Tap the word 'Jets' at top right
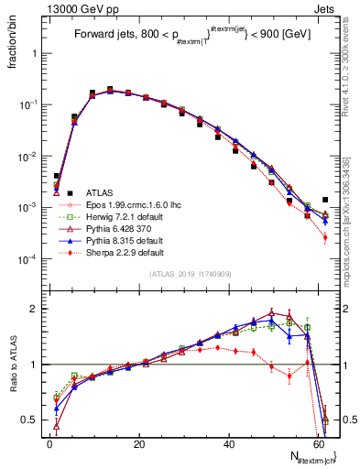(326, 8)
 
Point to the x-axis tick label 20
(138, 443)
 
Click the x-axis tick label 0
(49, 443)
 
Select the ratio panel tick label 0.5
(30, 420)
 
